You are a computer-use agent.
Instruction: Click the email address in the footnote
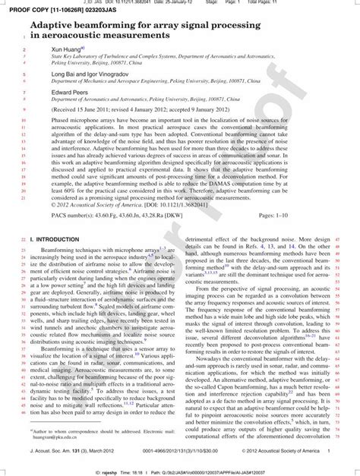pyautogui.click(x=62, y=438)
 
